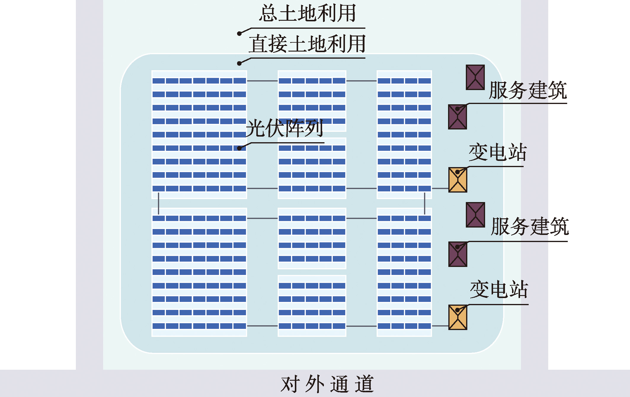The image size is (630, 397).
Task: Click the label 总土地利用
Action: (x=308, y=14)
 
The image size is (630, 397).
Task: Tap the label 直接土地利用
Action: (x=307, y=44)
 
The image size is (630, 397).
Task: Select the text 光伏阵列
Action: (x=284, y=128)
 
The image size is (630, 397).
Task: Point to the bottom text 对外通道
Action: (x=327, y=384)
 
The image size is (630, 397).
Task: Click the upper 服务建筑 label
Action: (x=528, y=90)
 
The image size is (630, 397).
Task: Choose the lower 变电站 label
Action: (x=499, y=289)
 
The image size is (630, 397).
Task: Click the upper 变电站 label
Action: (x=498, y=152)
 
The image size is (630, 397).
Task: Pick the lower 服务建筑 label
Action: (x=530, y=227)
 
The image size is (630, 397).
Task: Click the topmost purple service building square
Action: (x=475, y=77)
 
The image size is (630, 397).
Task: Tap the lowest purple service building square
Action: (x=458, y=254)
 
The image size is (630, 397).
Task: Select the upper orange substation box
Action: (x=458, y=180)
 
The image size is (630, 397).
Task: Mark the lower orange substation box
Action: (x=458, y=317)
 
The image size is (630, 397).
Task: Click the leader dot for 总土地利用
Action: (x=239, y=33)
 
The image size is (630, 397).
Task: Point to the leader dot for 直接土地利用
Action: (x=239, y=63)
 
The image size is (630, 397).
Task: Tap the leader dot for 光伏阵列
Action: (x=239, y=148)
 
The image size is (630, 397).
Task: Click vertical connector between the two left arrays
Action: (x=159, y=203)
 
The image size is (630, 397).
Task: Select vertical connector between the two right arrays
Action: (x=425, y=203)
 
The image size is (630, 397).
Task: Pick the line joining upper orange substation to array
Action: (x=440, y=188)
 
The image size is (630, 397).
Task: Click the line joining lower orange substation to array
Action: (x=440, y=326)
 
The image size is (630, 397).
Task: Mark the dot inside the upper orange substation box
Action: (x=457, y=172)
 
